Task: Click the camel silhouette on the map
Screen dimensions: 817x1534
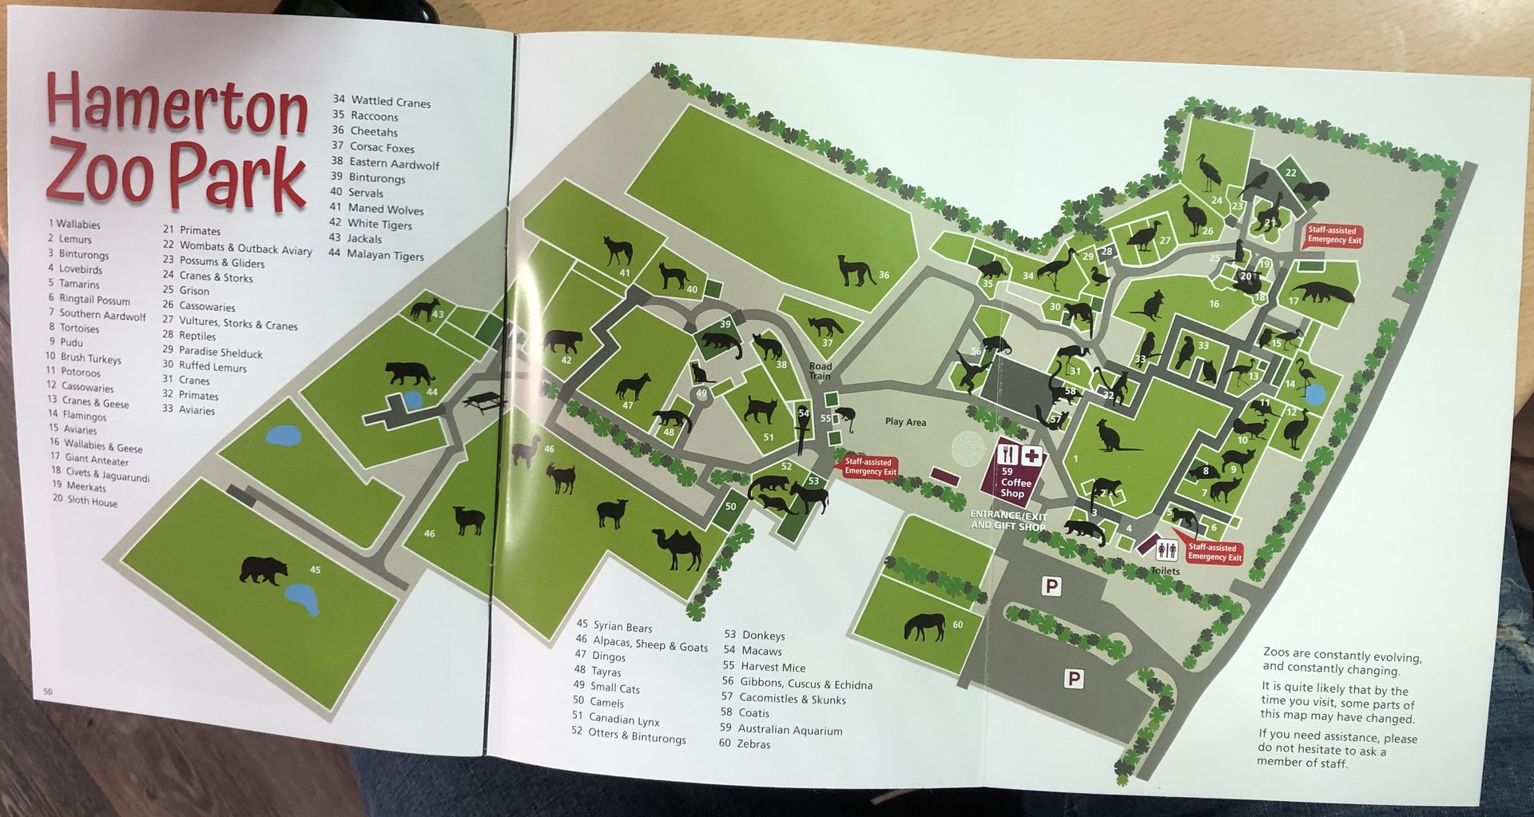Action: click(x=678, y=548)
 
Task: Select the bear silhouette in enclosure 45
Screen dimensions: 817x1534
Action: click(x=264, y=571)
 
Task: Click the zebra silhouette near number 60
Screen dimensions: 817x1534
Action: click(x=924, y=626)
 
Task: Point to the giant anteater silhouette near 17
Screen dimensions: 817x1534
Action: click(x=1322, y=292)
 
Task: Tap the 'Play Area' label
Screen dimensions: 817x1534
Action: click(x=905, y=422)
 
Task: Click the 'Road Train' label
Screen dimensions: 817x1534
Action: click(x=820, y=371)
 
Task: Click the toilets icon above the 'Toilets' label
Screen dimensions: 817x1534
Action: click(x=1166, y=550)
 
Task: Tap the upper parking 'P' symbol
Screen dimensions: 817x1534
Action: click(x=1051, y=587)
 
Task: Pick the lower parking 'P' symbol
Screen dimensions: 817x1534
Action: click(x=1074, y=680)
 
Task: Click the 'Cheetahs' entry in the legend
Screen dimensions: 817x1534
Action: click(x=373, y=132)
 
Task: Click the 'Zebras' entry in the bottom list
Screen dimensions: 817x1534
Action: click(x=753, y=744)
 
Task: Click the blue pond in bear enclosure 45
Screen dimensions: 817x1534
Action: click(x=302, y=599)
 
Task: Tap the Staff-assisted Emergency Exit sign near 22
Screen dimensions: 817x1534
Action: click(x=1333, y=235)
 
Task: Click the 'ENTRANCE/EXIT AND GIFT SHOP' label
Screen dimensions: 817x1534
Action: click(x=1007, y=520)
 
